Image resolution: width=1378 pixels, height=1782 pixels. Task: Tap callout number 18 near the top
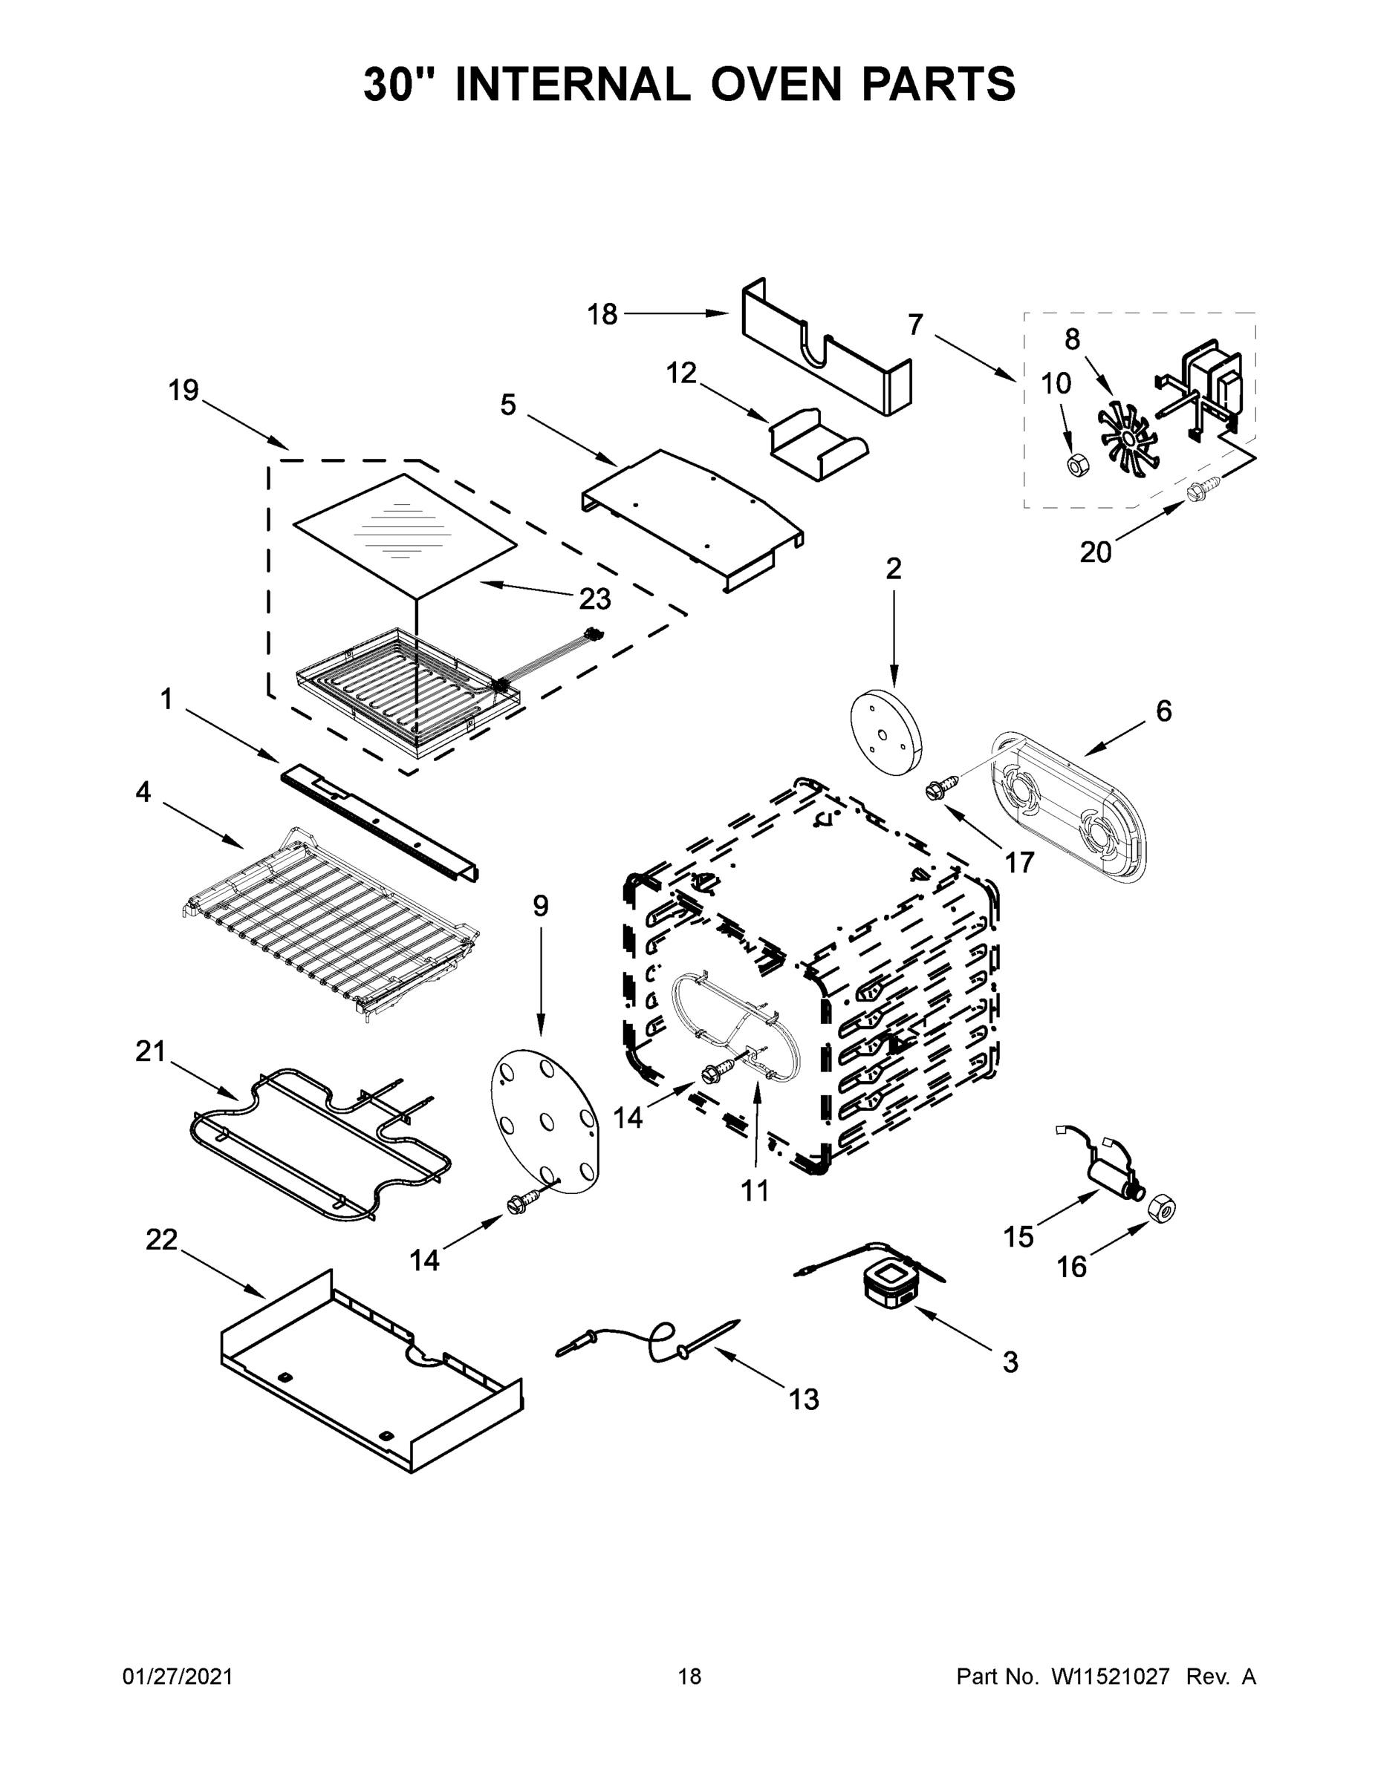pyautogui.click(x=602, y=314)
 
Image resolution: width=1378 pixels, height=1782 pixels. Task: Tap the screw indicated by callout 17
pyautogui.click(x=937, y=789)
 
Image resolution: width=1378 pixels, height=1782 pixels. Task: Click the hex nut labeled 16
pyautogui.click(x=1160, y=1208)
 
